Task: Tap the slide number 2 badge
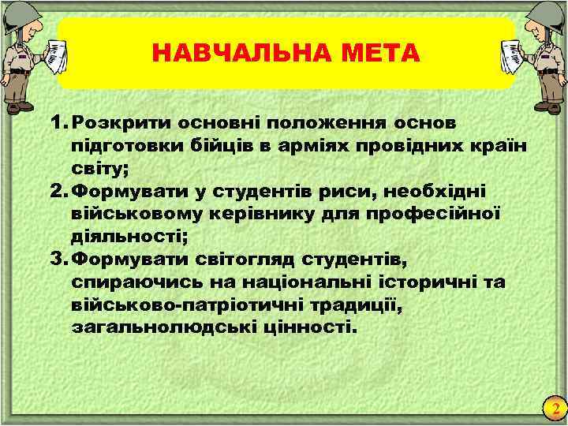(x=555, y=409)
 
